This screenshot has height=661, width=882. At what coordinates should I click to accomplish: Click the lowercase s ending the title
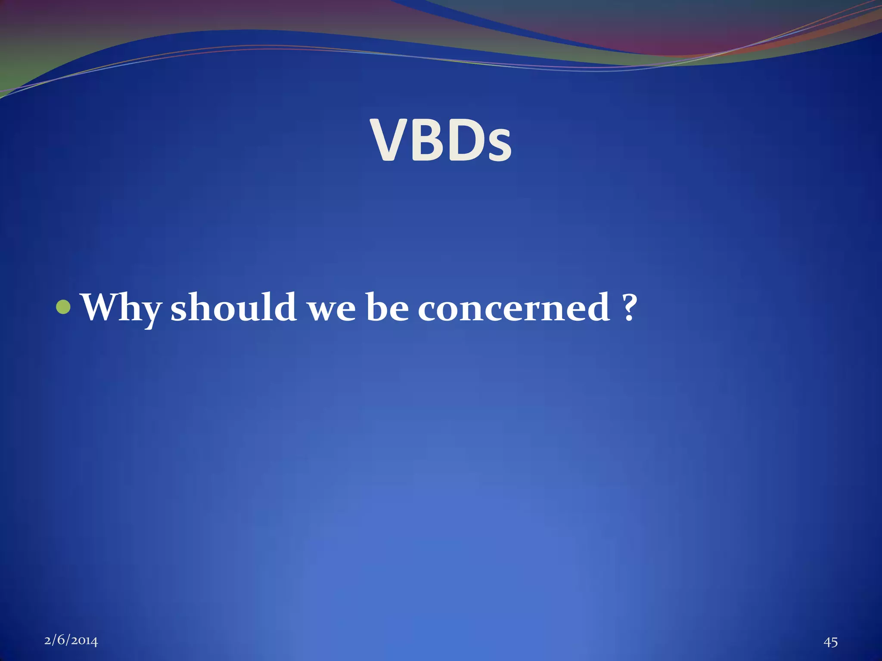point(498,146)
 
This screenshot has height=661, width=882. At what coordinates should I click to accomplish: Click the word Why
point(122,308)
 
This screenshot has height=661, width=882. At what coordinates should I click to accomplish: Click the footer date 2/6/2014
point(71,641)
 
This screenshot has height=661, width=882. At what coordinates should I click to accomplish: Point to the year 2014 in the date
point(85,641)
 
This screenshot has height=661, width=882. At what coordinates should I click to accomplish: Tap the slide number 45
point(831,642)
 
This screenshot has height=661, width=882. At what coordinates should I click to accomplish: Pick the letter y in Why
point(151,313)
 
